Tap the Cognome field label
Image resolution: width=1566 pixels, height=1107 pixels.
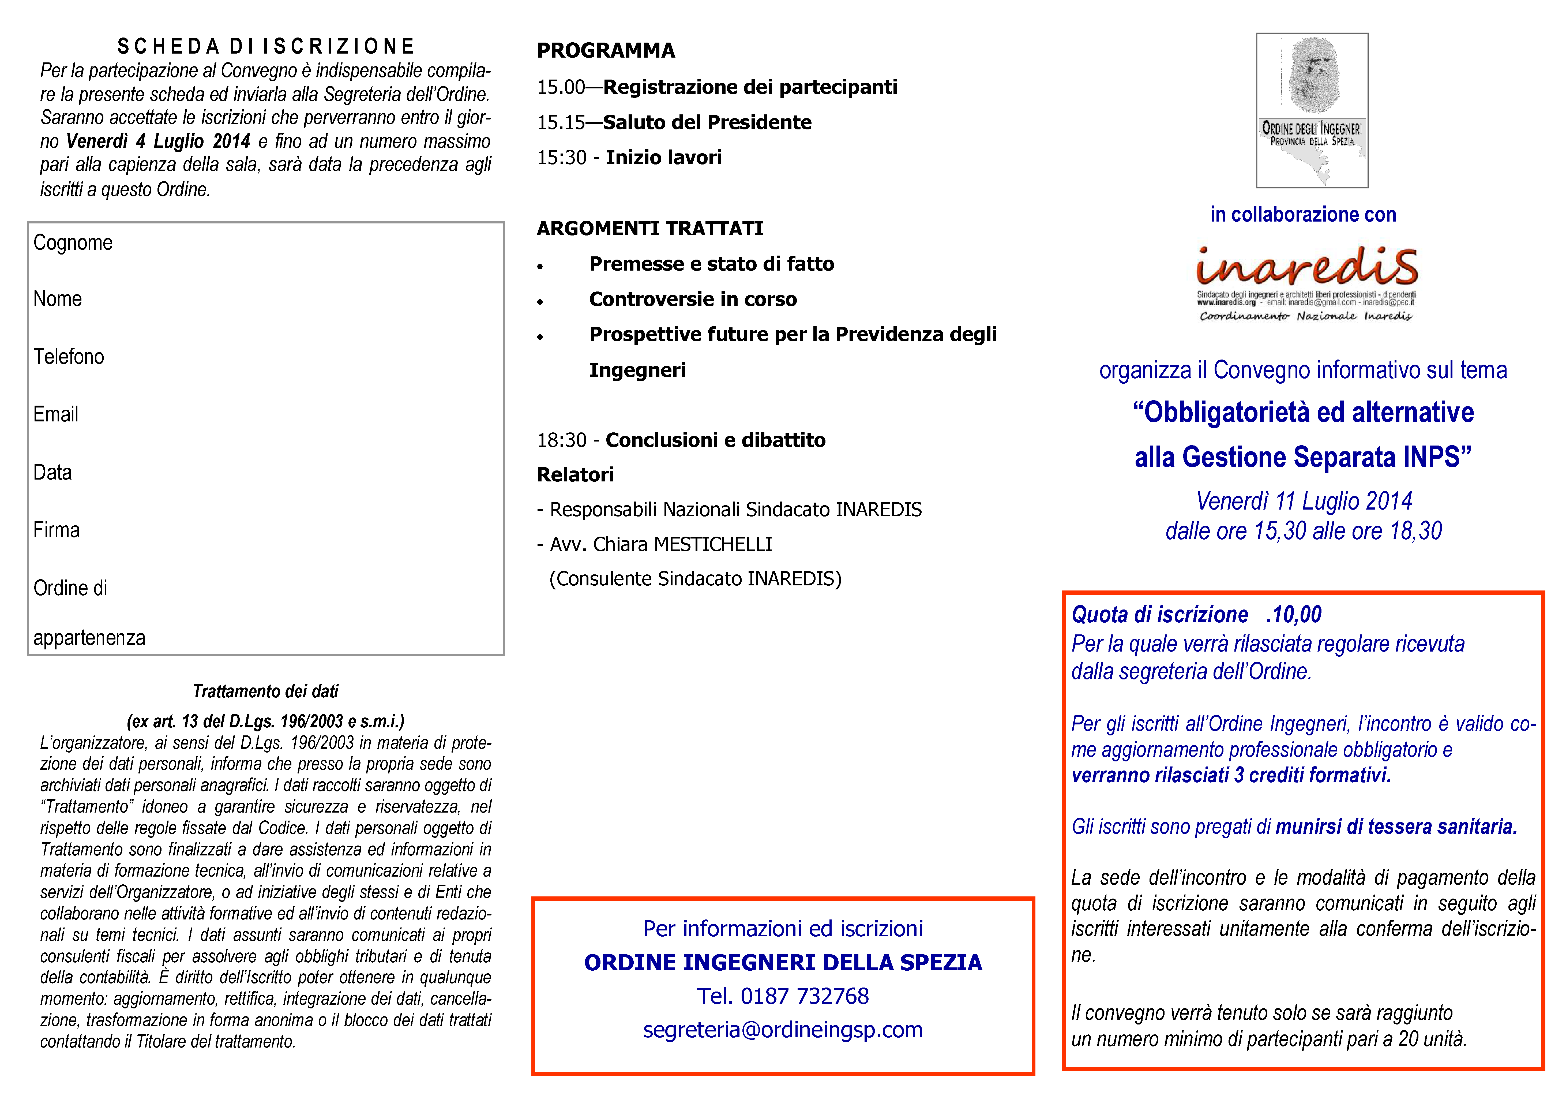pyautogui.click(x=73, y=243)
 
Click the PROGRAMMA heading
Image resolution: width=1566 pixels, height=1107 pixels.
pyautogui.click(x=606, y=50)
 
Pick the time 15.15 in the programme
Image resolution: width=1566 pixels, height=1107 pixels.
pyautogui.click(x=561, y=123)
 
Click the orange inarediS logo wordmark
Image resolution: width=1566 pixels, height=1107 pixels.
pyautogui.click(x=1306, y=267)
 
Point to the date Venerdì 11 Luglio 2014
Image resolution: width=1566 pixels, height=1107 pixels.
pyautogui.click(x=1304, y=501)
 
